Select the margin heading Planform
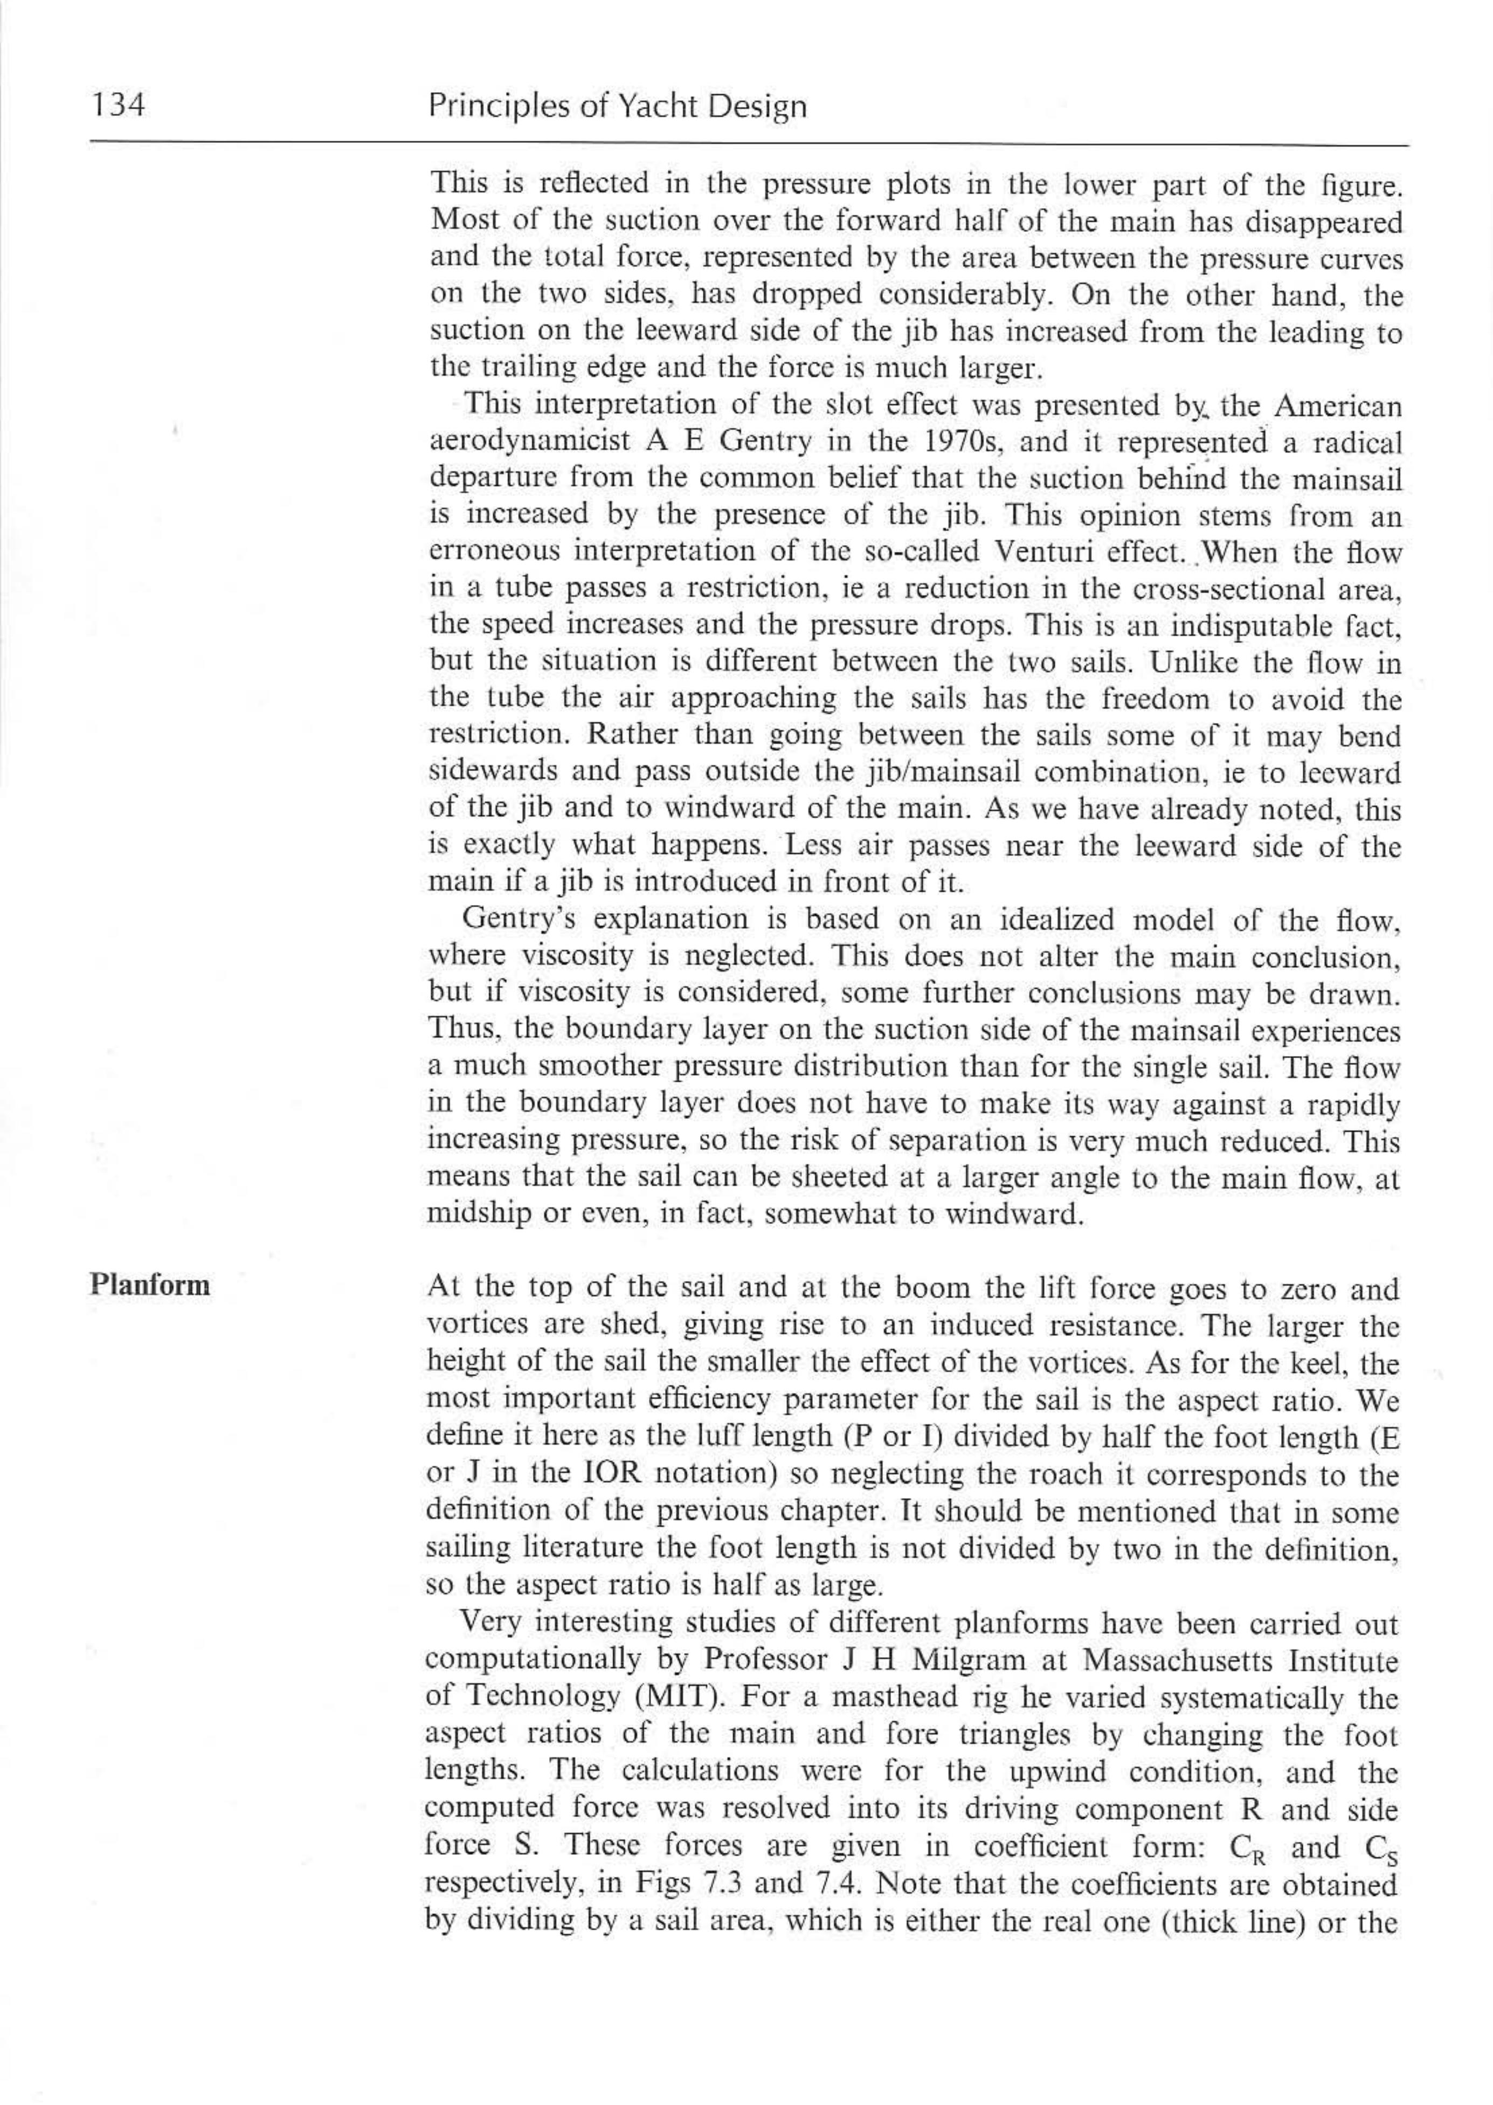[x=150, y=1284]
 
